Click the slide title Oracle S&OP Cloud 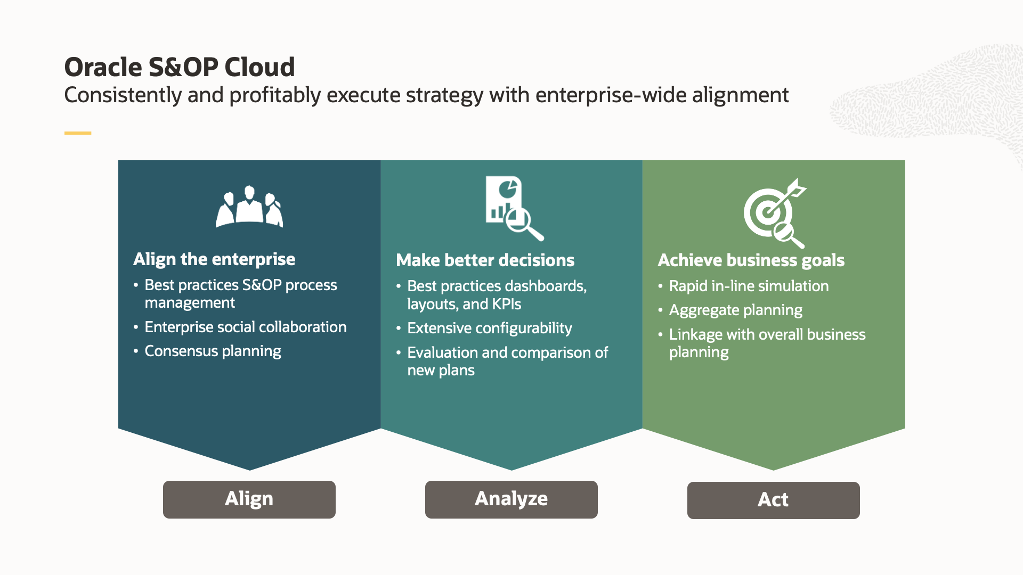point(180,67)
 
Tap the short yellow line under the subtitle point(78,133)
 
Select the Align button point(249,499)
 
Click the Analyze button point(511,499)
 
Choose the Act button point(773,500)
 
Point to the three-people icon point(249,207)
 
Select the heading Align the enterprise point(214,259)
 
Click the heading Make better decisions point(485,260)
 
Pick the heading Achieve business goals point(751,260)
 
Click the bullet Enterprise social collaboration point(245,327)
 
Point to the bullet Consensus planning point(213,351)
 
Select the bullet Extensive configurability point(489,328)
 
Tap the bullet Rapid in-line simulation point(749,286)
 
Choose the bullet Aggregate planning point(735,310)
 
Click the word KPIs point(506,305)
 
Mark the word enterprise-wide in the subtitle point(611,95)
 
